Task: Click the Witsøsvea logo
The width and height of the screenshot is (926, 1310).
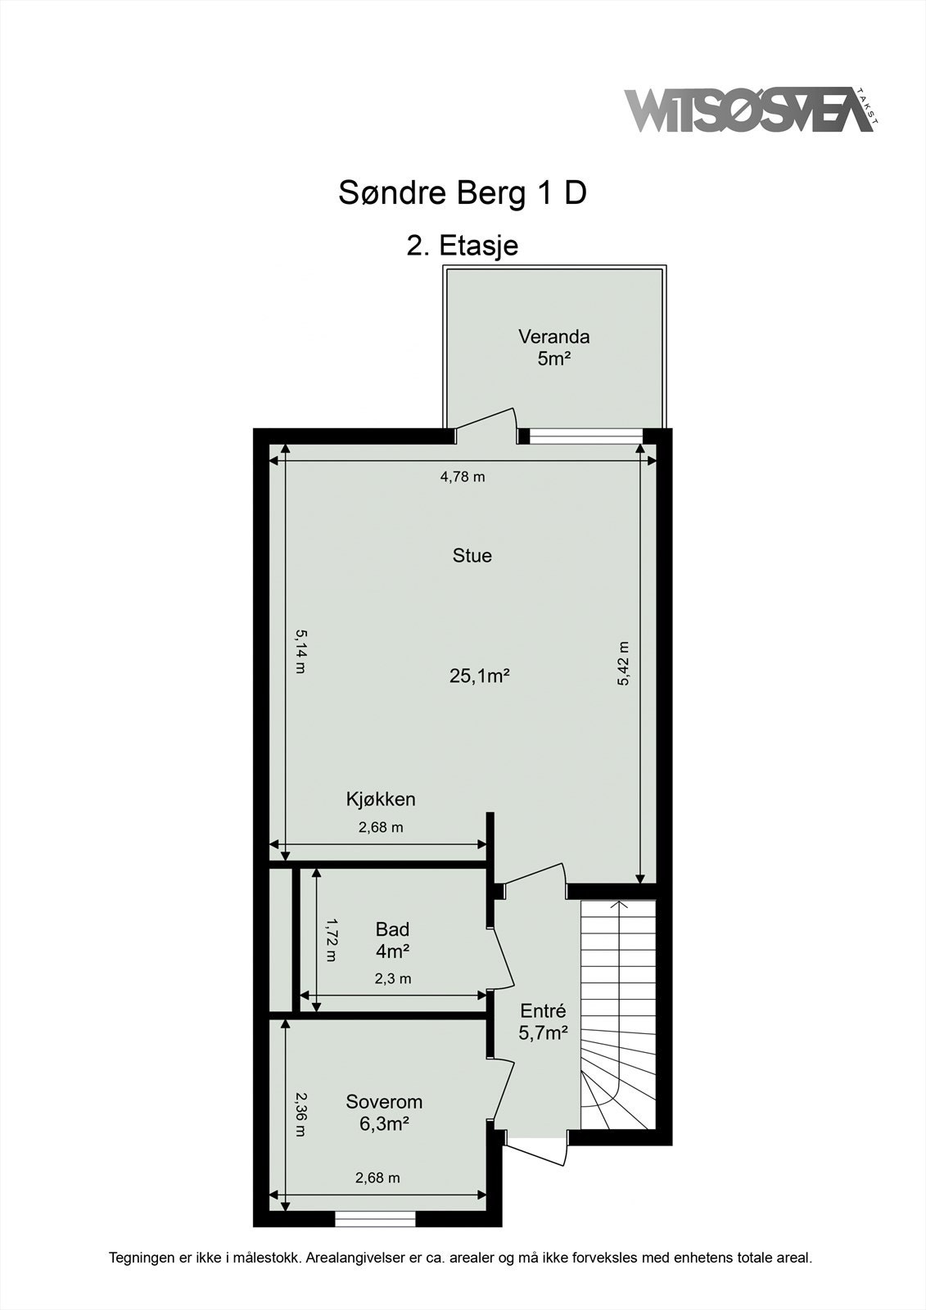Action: coord(749,111)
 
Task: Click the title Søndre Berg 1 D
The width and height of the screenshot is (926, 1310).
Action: coord(463,193)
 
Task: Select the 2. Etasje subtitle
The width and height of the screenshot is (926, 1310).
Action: coord(463,245)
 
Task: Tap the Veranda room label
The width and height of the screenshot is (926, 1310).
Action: coord(553,337)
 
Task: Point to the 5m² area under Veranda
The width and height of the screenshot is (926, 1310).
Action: coord(553,358)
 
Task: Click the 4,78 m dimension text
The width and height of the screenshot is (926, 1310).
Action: coord(463,477)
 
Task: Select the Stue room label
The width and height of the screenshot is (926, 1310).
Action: coord(472,556)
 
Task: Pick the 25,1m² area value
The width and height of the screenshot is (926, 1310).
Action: coord(480,675)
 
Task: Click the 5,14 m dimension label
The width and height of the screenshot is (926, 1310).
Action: coord(300,651)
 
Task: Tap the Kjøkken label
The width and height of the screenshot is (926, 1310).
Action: coord(381,799)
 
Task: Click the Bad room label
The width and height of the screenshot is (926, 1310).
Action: coord(392,929)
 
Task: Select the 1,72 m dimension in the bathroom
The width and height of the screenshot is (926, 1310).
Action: coord(331,940)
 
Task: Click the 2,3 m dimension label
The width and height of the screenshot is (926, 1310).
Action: coord(393,978)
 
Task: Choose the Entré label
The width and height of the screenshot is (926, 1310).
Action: coord(543,1011)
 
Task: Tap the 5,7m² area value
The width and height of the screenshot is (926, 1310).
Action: coord(543,1033)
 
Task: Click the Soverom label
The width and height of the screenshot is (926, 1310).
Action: coord(384,1101)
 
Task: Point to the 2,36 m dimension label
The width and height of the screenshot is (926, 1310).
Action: coord(300,1115)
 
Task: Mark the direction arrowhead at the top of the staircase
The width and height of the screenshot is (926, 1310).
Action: coord(619,904)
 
